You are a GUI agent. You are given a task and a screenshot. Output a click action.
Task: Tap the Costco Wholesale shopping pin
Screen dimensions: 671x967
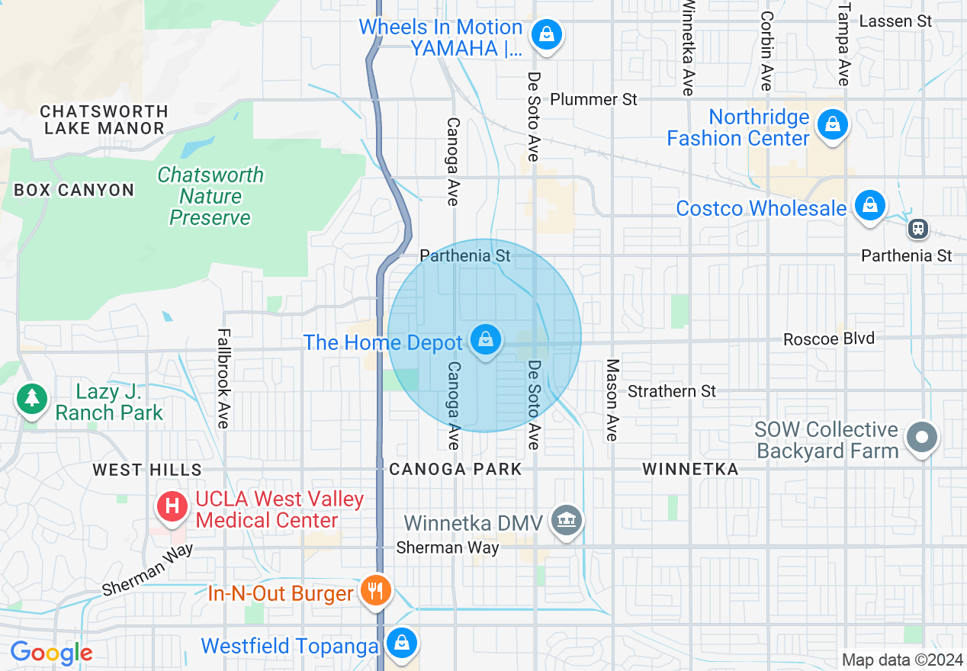point(869,205)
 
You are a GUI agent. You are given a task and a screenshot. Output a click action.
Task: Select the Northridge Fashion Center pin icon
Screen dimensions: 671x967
point(832,124)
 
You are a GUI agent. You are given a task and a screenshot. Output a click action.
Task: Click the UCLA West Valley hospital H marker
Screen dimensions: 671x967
point(173,506)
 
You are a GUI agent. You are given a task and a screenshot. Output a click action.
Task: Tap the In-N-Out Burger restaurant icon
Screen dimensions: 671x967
point(375,591)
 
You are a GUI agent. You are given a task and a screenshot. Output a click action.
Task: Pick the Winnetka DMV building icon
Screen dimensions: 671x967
point(566,522)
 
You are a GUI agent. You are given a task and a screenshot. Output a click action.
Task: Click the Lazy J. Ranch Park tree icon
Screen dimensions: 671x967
point(31,399)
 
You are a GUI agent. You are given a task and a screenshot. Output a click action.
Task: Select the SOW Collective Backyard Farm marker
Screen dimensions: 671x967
point(922,438)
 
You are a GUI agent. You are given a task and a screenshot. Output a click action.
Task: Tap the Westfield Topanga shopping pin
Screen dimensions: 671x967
point(401,643)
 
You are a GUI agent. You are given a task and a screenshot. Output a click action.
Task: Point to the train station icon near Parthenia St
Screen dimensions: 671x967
point(917,228)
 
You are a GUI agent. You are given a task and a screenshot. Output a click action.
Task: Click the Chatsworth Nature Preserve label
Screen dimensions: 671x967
point(210,196)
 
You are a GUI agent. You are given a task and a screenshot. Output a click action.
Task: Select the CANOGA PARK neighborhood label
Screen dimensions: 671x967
point(455,469)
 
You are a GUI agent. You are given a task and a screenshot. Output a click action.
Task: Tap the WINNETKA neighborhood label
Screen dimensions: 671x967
point(690,469)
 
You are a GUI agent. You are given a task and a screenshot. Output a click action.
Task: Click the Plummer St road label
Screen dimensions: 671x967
point(593,99)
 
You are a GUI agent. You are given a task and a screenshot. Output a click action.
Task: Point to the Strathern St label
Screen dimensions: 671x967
point(671,391)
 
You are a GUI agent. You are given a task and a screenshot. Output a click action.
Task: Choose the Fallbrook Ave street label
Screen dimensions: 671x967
point(223,378)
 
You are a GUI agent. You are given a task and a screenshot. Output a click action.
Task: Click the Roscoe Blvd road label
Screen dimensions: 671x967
point(828,338)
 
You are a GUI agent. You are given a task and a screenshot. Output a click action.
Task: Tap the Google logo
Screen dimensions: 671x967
point(51,653)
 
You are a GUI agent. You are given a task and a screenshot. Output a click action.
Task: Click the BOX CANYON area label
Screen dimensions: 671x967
point(74,190)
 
